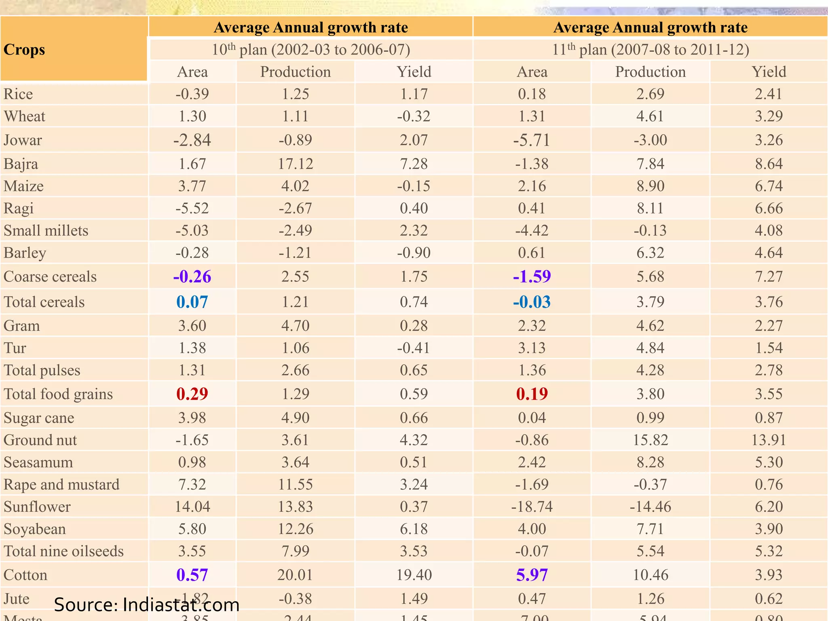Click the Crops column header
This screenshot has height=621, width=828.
pyautogui.click(x=24, y=50)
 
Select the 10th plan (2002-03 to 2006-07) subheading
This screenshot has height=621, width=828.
pyautogui.click(x=311, y=50)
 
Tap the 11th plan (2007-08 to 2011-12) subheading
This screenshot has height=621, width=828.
pyautogui.click(x=651, y=50)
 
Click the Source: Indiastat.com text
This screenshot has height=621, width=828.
pyautogui.click(x=146, y=605)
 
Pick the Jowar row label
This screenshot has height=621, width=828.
pyautogui.click(x=23, y=140)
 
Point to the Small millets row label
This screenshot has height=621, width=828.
pyautogui.click(x=46, y=230)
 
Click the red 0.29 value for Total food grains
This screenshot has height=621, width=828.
pyautogui.click(x=192, y=394)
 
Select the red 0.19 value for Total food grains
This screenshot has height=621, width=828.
pyautogui.click(x=532, y=394)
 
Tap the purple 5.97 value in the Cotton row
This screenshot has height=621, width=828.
pyautogui.click(x=532, y=575)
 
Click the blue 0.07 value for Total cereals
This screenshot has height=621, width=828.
pyautogui.click(x=192, y=302)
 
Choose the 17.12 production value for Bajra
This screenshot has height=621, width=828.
pyautogui.click(x=295, y=164)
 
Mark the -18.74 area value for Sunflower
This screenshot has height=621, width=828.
pyautogui.click(x=532, y=507)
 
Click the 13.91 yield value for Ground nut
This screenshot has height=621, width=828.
pyautogui.click(x=769, y=440)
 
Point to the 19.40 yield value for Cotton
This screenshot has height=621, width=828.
pyautogui.click(x=414, y=575)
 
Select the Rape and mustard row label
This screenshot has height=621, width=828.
pyautogui.click(x=61, y=484)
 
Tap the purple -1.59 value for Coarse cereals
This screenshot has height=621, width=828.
pyautogui.click(x=532, y=277)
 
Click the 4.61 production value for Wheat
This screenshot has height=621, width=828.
pyautogui.click(x=650, y=116)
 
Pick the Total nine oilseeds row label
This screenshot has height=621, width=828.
pyautogui.click(x=63, y=551)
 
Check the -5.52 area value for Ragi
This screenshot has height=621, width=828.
pyautogui.click(x=192, y=208)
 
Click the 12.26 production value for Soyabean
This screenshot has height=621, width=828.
pyautogui.click(x=295, y=529)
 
